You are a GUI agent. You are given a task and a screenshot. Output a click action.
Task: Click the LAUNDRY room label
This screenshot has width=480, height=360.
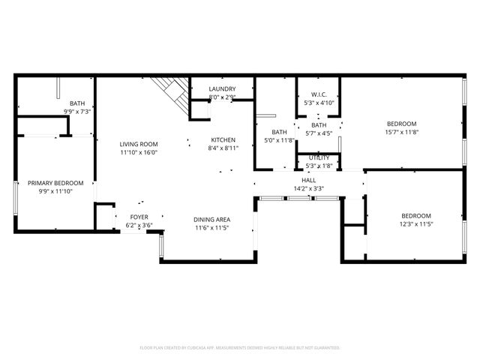223,89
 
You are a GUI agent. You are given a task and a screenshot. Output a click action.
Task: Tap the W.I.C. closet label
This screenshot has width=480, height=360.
319,94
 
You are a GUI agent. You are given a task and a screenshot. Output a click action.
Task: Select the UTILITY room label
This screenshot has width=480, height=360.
319,157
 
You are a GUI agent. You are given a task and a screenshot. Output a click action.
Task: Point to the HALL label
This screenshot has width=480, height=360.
309,181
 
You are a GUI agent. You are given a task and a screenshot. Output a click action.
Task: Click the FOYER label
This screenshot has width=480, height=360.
139,217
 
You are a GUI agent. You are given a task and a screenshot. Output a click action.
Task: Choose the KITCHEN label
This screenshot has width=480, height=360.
223,139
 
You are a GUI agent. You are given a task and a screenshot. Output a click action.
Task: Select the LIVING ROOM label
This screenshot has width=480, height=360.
139,144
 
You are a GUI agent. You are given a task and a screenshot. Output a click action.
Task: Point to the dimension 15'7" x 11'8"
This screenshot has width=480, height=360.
401,132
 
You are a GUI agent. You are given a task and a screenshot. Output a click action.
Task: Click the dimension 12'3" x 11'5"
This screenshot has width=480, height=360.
405,223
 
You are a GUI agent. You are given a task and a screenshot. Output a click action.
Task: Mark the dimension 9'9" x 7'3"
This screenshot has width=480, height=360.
77,112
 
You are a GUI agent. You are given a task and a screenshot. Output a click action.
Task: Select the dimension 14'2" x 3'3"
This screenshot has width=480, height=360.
309,189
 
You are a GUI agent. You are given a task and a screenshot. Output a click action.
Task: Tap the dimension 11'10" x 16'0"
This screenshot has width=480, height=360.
139,152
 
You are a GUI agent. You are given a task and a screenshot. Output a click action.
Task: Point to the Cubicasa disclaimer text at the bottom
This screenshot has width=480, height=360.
240,348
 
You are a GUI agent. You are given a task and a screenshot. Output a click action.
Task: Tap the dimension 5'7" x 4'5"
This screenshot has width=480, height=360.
319,133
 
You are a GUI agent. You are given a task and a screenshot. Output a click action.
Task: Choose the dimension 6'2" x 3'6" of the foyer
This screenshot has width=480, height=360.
139,225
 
